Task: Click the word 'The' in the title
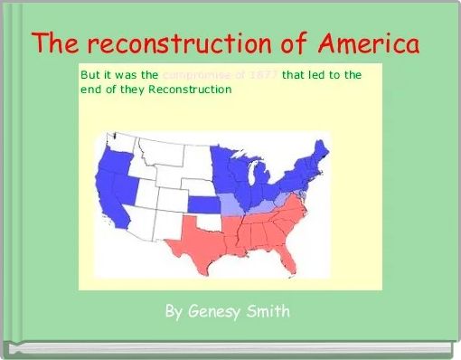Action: (x=60, y=43)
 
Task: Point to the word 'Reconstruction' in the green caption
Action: (x=190, y=90)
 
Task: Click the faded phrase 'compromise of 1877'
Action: (x=221, y=75)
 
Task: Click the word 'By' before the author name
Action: (x=174, y=312)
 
